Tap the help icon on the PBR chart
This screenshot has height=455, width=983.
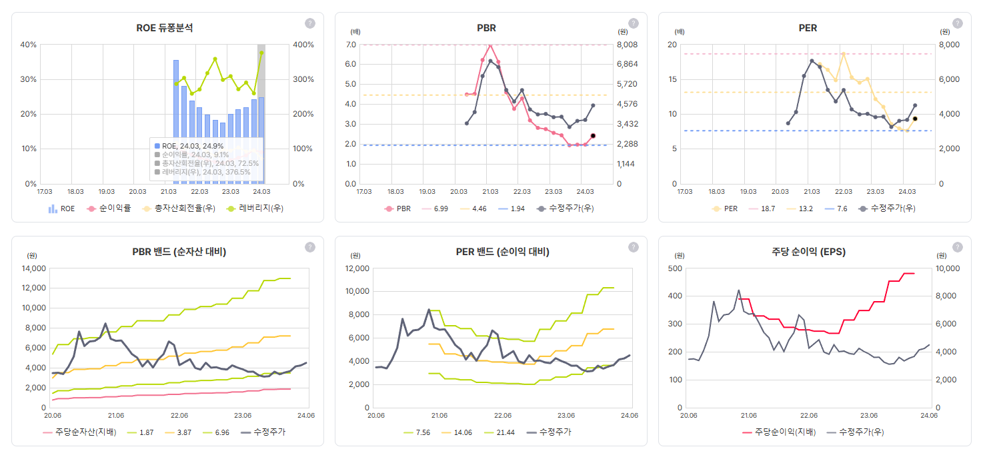(633, 23)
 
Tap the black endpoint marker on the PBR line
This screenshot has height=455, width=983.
(593, 136)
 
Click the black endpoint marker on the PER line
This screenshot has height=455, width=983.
(915, 119)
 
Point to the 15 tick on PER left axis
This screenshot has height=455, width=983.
(674, 79)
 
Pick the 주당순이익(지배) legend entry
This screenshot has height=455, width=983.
(778, 432)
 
